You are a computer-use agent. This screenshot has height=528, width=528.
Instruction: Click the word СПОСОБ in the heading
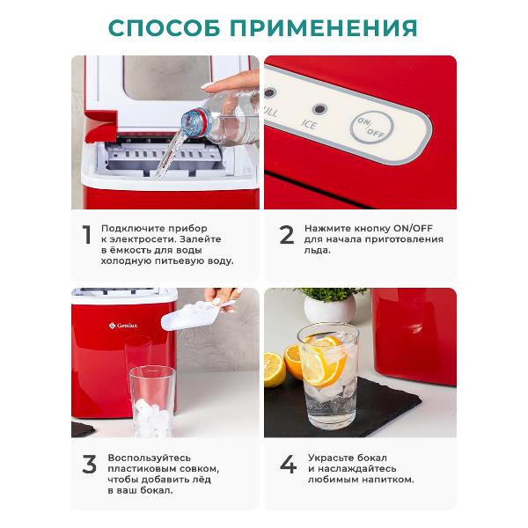click(165, 27)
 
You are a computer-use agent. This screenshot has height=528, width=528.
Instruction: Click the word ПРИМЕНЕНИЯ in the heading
click(324, 27)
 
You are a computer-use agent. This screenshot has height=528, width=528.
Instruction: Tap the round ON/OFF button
click(371, 127)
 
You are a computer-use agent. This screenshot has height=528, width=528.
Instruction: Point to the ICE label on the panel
click(309, 124)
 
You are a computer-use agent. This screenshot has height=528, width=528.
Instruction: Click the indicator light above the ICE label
click(319, 109)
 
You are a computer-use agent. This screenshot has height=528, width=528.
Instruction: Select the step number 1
click(87, 234)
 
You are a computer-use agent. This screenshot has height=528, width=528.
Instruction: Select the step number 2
click(287, 235)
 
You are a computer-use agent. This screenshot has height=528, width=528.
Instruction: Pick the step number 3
click(89, 465)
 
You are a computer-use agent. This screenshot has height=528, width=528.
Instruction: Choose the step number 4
click(289, 464)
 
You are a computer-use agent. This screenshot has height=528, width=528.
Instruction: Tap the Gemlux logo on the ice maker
click(123, 326)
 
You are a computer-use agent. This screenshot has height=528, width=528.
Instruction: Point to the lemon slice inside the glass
click(323, 362)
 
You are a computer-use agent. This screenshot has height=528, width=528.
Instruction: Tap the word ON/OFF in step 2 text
click(414, 228)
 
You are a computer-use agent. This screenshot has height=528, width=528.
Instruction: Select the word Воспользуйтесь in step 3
click(150, 458)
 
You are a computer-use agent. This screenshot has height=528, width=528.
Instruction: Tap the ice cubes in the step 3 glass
click(152, 417)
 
